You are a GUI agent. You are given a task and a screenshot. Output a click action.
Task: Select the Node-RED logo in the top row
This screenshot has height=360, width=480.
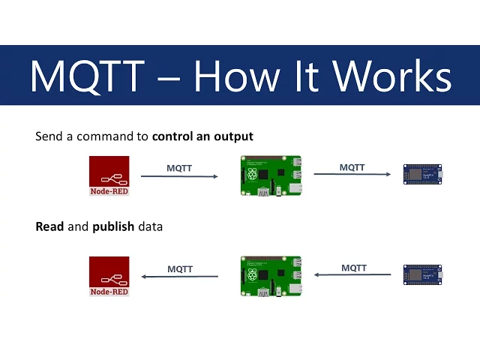[x=109, y=175]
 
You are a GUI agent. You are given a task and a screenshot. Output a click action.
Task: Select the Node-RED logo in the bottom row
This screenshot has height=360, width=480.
[x=109, y=276]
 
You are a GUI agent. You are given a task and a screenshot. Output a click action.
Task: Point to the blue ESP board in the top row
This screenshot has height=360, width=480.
[x=422, y=175]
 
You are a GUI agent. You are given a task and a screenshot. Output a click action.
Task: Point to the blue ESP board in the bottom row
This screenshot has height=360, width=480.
[x=422, y=274]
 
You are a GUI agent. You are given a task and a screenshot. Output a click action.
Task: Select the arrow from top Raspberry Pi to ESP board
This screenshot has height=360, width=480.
[x=352, y=175]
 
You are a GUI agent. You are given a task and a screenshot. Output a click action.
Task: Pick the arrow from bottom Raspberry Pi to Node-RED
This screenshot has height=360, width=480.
[x=180, y=276]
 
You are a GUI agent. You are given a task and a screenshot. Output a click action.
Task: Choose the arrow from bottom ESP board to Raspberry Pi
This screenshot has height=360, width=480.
[x=352, y=274]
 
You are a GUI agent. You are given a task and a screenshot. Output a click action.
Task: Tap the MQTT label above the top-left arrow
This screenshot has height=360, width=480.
[x=179, y=168]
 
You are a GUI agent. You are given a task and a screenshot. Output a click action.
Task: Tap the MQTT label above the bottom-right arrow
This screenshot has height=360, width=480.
[x=354, y=267]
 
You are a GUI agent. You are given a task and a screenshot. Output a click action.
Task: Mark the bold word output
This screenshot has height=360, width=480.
[x=234, y=136]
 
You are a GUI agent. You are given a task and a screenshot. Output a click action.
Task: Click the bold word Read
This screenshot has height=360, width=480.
[x=50, y=226]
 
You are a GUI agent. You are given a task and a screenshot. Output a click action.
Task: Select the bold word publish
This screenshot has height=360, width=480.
[x=113, y=226]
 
